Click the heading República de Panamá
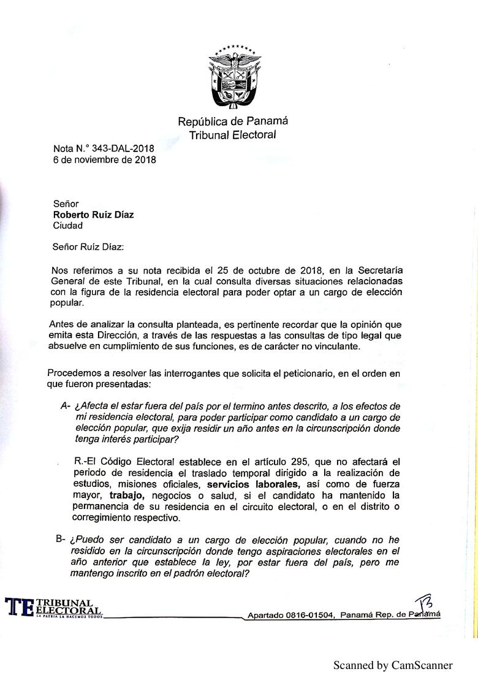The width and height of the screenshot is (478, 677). pyautogui.click(x=233, y=121)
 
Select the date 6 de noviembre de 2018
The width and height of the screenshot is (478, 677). pyautogui.click(x=104, y=160)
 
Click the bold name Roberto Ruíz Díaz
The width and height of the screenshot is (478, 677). pyautogui.click(x=93, y=215)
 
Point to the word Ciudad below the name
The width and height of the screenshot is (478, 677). pyautogui.click(x=68, y=226)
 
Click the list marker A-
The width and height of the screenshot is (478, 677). pyautogui.click(x=65, y=407)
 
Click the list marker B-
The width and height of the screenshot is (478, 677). pyautogui.click(x=61, y=539)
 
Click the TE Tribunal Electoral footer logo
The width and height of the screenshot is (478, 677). pyautogui.click(x=54, y=607)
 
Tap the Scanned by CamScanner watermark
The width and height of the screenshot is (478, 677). pyautogui.click(x=393, y=665)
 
